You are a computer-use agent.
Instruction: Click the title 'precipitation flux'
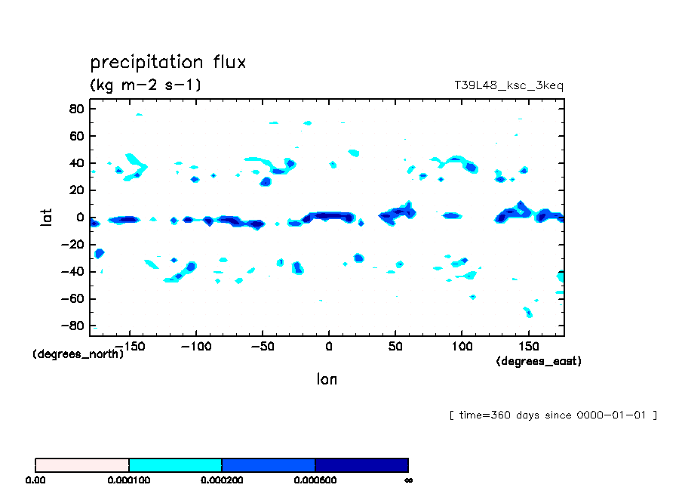168,62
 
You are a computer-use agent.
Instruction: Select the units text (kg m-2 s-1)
146,85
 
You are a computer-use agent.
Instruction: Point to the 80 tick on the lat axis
75,109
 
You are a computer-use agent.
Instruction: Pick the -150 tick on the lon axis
130,346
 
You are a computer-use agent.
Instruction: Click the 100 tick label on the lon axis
462,346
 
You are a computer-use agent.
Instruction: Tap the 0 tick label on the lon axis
328,346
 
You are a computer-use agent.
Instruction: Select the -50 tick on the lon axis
262,346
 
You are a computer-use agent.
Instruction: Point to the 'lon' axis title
327,379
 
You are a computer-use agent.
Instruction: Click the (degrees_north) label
78,354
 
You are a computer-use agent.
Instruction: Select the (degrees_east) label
539,362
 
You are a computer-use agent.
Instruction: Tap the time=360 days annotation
553,415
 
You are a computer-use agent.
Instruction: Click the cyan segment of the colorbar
175,465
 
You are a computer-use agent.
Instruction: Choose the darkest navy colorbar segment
361,465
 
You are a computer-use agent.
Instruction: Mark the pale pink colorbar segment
82,465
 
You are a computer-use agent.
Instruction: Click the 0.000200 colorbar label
222,480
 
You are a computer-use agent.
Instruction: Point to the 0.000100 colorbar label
129,480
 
